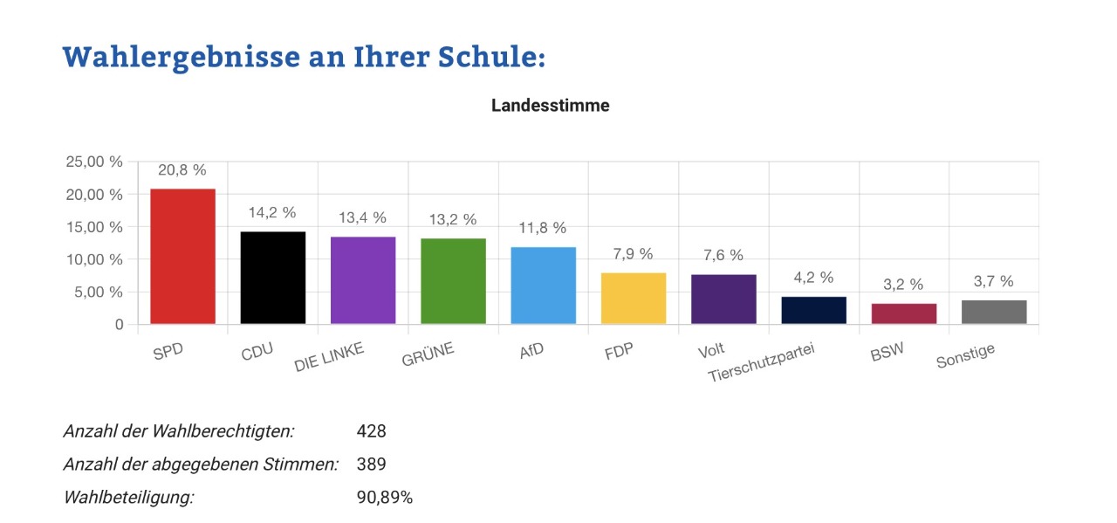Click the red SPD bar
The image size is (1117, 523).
pos(182,257)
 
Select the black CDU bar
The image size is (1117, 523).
pos(273,278)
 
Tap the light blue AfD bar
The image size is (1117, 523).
pos(544,286)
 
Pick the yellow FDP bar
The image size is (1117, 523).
pos(634,299)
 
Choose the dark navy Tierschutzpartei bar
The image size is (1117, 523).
pos(814,311)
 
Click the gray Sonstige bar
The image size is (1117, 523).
pos(994,313)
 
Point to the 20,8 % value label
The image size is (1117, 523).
pos(182,169)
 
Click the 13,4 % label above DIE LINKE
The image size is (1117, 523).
pos(363,217)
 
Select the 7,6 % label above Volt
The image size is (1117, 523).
pos(723,255)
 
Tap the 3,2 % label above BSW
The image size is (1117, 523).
pos(903,284)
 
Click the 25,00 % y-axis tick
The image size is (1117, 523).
pos(94,162)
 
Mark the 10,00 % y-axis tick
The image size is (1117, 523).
pos(94,259)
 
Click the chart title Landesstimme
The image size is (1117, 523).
pos(550,106)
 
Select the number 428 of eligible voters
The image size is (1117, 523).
pos(371,431)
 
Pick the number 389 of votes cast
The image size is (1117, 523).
pos(371,465)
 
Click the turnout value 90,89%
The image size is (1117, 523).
pos(384,498)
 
